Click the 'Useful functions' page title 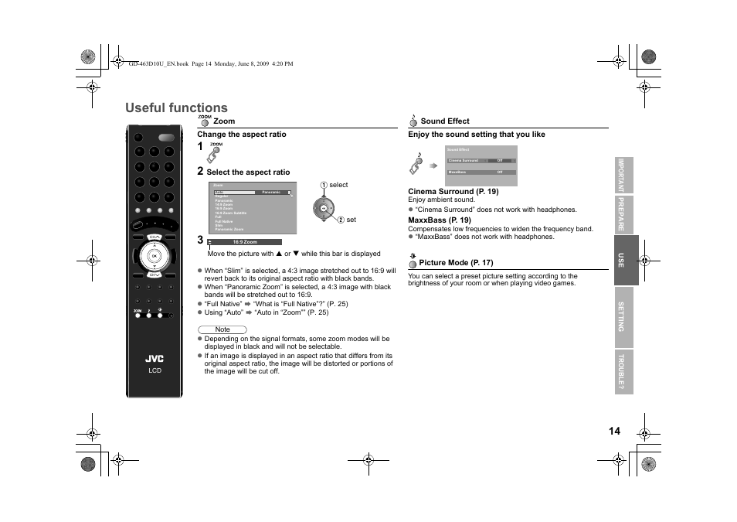[176, 107]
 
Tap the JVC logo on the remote [155, 359]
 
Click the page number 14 [613, 431]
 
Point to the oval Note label [222, 329]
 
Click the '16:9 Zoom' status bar [245, 242]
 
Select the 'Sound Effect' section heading [444, 121]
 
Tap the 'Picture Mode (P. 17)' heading [456, 263]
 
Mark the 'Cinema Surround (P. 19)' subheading [453, 192]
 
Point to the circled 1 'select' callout [335, 185]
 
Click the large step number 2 [200, 171]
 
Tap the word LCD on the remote [155, 371]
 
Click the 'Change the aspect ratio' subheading [241, 135]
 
